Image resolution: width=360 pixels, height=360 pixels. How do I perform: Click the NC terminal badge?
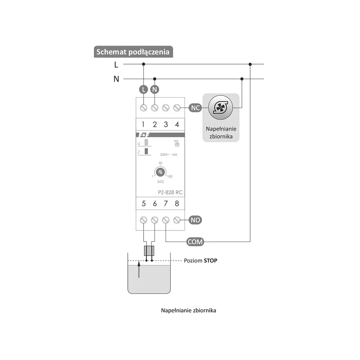tap(195, 108)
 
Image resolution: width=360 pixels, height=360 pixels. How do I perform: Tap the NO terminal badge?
tap(195, 220)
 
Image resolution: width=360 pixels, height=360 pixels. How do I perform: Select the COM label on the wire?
tap(195, 242)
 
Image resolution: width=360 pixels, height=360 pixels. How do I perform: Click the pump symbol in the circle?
tap(221, 107)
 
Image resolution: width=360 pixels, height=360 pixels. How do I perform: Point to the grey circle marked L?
tap(144, 89)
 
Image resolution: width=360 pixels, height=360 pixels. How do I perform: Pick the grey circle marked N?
tap(155, 89)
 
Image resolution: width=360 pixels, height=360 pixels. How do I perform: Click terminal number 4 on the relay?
tap(177, 125)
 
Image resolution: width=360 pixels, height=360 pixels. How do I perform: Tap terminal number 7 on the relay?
tap(166, 203)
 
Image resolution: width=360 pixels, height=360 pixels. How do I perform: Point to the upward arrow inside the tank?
tap(139, 271)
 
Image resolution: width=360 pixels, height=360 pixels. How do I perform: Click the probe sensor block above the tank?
tap(149, 251)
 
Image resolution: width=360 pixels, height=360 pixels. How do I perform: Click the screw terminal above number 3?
tap(166, 108)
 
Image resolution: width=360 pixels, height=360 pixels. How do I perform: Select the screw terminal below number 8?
tap(177, 220)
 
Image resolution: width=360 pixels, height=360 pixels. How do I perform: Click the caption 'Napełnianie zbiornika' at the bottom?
tap(189, 310)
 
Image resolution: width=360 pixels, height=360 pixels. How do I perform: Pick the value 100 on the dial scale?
tap(170, 176)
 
